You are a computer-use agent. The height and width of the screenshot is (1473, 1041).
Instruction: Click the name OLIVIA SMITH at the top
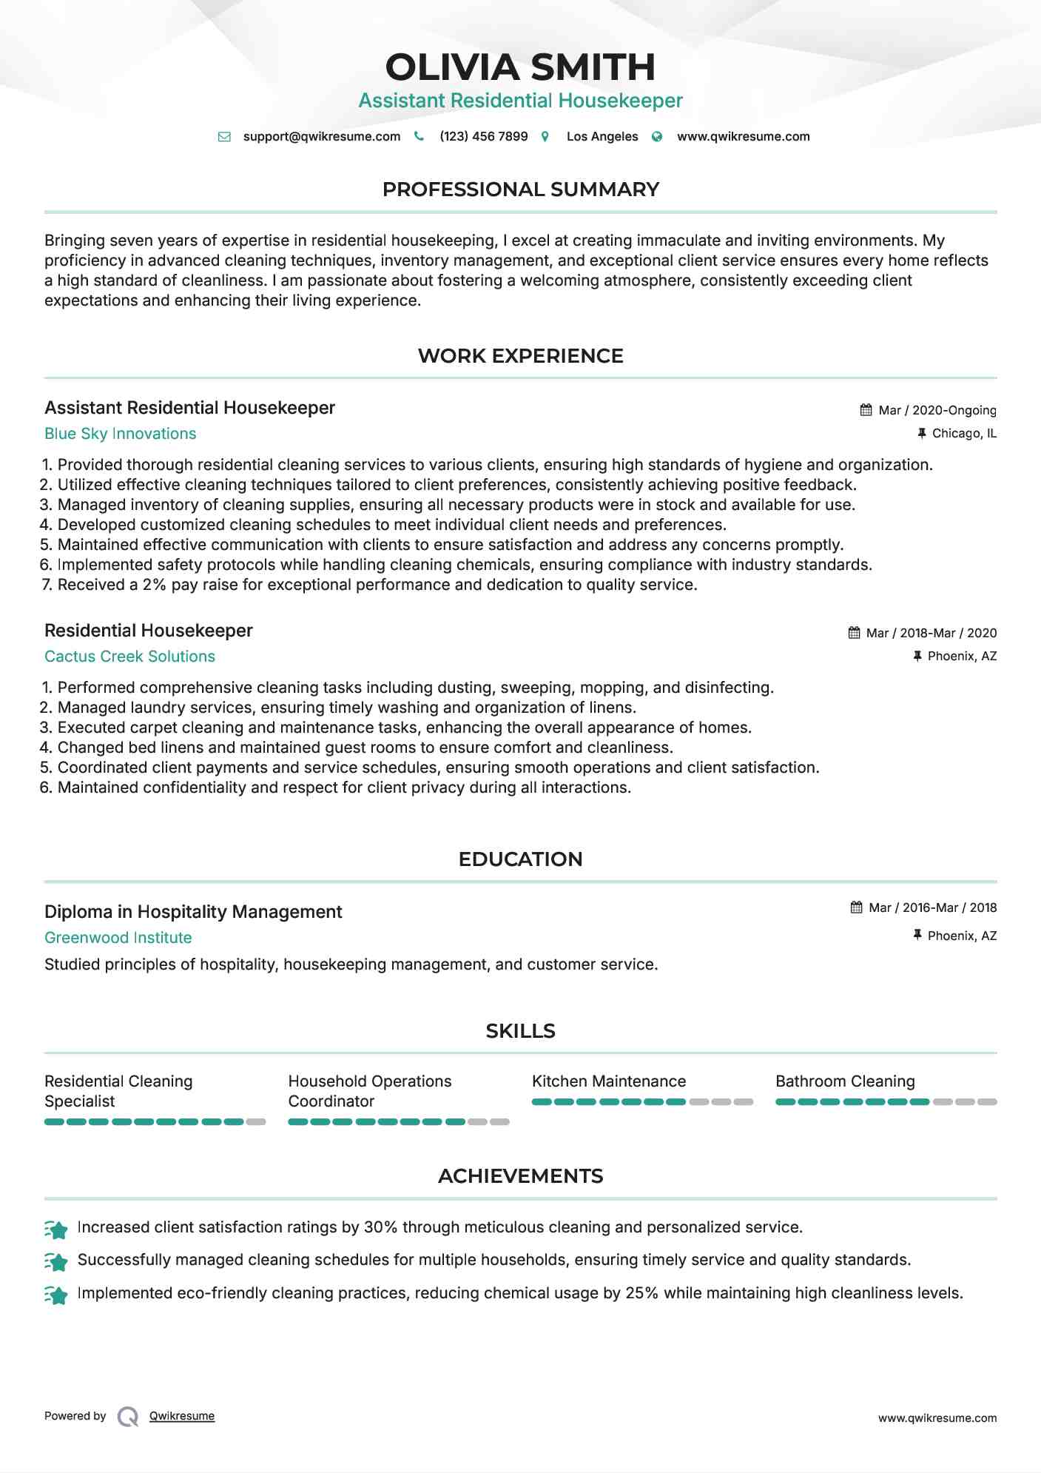[520, 67]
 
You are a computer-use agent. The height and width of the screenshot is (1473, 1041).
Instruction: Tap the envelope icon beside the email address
[224, 137]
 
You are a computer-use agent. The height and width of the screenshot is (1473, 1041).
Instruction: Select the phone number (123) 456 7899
[483, 137]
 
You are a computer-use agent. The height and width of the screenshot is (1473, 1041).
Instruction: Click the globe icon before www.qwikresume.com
[657, 137]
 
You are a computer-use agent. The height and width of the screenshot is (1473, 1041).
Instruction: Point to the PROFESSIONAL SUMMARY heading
[520, 189]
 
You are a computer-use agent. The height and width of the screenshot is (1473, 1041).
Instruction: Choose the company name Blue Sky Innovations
[120, 434]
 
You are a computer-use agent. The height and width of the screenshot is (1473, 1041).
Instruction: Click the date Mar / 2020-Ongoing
[937, 410]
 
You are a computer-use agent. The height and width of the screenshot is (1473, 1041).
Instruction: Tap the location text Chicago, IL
[963, 434]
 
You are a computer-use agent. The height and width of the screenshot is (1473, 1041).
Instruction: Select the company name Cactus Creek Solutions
[129, 657]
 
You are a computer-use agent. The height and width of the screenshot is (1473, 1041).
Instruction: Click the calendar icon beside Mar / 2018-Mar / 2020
[854, 633]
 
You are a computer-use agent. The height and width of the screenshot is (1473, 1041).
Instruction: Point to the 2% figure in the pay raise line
[154, 585]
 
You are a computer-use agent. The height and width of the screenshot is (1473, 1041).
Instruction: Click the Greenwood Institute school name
[118, 938]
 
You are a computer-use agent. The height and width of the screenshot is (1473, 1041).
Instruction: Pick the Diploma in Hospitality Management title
[193, 912]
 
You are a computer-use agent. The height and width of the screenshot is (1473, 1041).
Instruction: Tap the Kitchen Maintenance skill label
[608, 1081]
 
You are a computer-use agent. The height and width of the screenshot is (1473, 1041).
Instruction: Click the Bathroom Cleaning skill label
[845, 1081]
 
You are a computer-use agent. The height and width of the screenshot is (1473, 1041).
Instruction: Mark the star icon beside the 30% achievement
[56, 1229]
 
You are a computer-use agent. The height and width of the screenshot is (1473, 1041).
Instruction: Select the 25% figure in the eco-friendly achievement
[641, 1293]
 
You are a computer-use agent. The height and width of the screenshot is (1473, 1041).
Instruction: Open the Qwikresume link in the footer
[182, 1416]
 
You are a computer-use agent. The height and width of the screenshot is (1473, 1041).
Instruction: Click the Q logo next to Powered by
[128, 1416]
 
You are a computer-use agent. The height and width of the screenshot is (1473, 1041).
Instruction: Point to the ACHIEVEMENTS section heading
[520, 1176]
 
